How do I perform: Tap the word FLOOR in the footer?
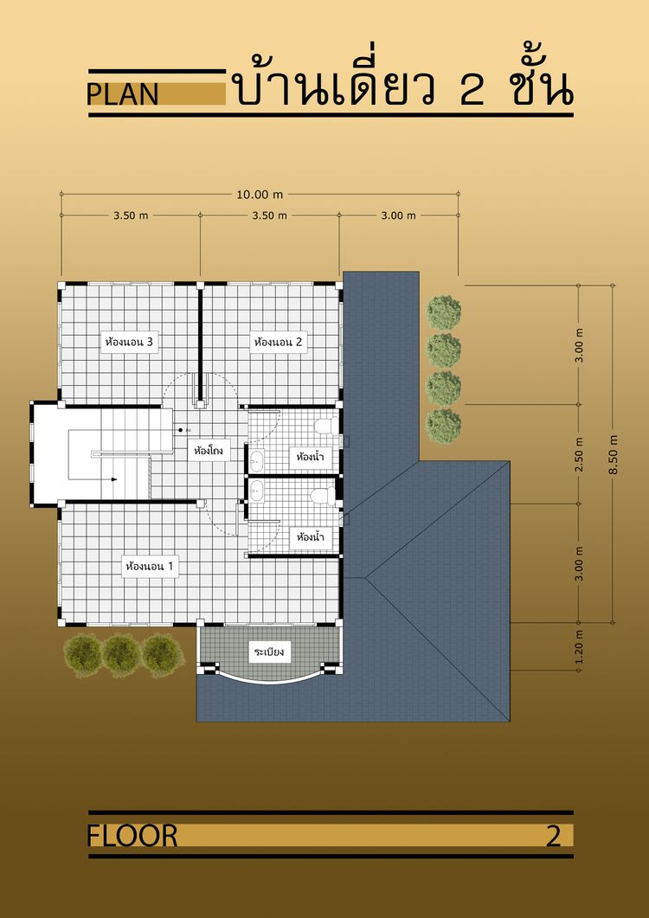(132, 836)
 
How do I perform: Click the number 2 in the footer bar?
(554, 836)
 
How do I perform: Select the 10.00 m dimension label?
(260, 195)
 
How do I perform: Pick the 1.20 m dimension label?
(579, 647)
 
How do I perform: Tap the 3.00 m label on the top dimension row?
(398, 215)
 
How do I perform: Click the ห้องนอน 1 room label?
(150, 567)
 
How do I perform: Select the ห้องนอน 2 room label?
(279, 342)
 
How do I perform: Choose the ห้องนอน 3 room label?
(129, 342)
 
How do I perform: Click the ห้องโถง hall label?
(209, 452)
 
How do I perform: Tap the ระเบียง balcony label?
(269, 652)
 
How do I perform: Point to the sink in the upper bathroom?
(256, 459)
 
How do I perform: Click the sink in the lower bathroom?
(256, 491)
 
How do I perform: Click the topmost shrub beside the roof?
(443, 312)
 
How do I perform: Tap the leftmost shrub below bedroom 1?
(82, 656)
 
